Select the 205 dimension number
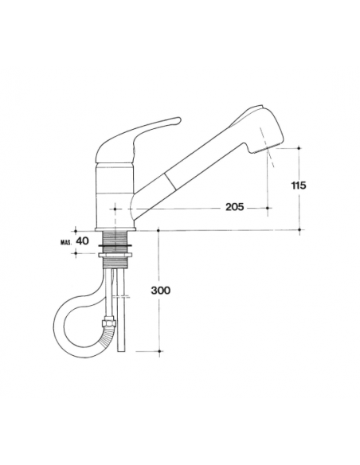click(233, 207)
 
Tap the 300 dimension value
click(160, 291)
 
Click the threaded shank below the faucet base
click(116, 241)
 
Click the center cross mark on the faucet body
click(116, 209)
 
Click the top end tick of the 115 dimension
click(299, 148)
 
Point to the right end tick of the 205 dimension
click(268, 209)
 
